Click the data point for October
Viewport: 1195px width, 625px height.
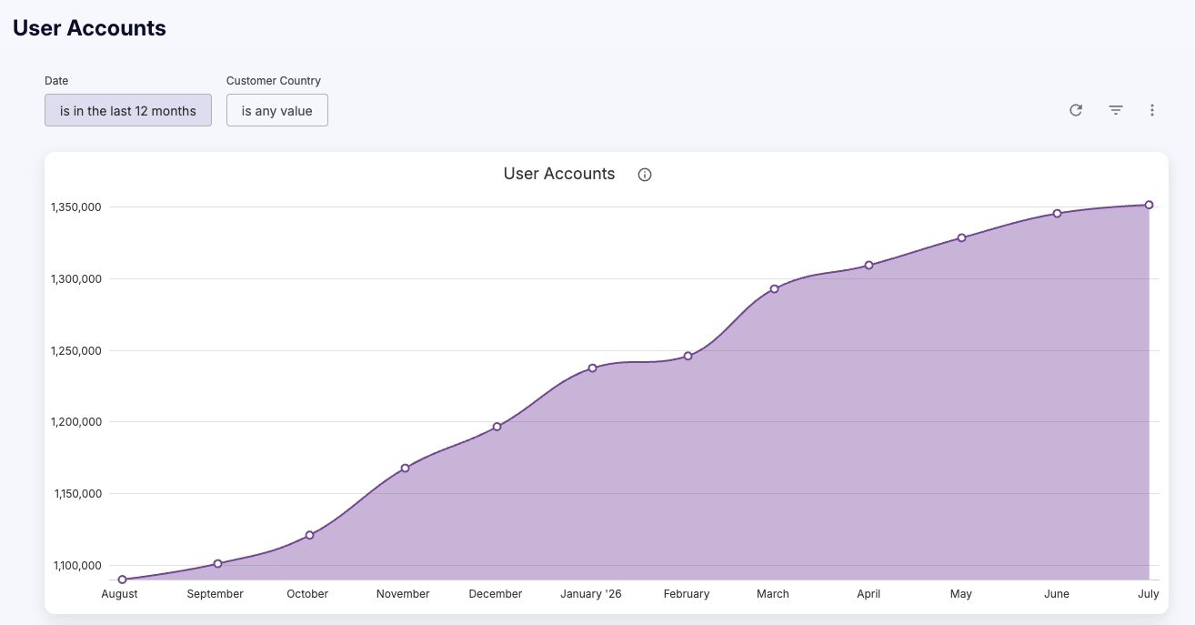point(310,535)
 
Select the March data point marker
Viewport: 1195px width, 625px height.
point(774,288)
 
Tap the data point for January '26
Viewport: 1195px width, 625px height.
point(592,368)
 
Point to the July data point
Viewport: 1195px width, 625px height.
point(1150,205)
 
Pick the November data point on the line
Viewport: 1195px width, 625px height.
point(405,469)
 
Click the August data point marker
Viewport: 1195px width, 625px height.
point(122,580)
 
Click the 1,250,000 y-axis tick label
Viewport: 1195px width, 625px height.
point(75,350)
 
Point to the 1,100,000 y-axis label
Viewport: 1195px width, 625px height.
point(77,565)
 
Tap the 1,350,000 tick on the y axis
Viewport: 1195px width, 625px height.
point(75,207)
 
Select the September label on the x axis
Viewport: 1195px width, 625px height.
point(215,593)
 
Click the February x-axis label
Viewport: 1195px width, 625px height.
point(687,593)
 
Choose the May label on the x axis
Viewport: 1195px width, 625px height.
point(960,593)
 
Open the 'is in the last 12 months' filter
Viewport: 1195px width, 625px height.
point(128,110)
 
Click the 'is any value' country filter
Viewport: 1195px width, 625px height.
point(276,110)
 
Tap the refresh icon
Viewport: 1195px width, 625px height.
point(1076,110)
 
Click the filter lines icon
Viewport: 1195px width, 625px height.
point(1116,110)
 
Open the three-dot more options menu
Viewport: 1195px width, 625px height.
point(1152,110)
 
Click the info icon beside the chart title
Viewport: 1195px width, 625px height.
point(645,175)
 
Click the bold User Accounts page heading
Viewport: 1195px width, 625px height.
point(89,28)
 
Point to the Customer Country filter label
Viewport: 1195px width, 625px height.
point(273,81)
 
